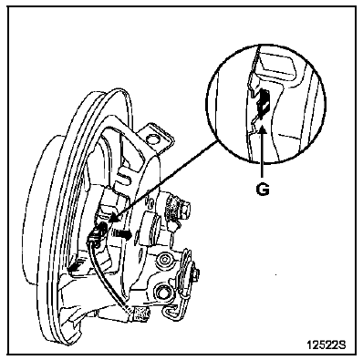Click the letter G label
point(263,190)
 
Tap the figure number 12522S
point(326,345)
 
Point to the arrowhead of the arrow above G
point(263,131)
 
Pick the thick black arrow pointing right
point(124,234)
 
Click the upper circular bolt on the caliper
point(164,259)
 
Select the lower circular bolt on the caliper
point(161,293)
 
